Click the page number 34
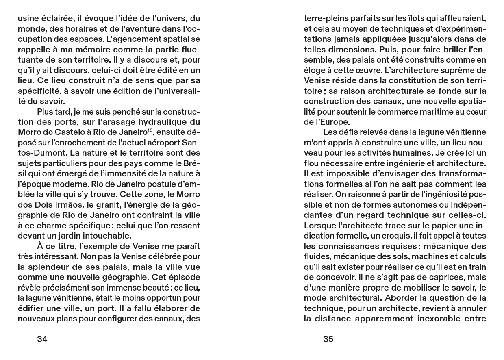[x=42, y=339]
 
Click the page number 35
[x=328, y=339]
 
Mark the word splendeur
[x=53, y=267]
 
